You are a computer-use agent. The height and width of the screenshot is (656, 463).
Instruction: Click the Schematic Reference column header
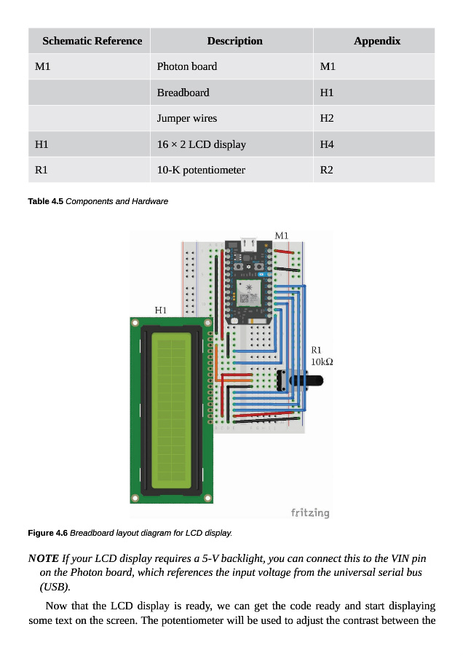92,41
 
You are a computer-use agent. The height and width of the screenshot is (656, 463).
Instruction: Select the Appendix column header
377,41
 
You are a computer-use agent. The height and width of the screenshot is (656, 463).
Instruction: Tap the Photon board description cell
187,66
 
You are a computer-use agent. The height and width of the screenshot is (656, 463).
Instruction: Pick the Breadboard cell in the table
183,93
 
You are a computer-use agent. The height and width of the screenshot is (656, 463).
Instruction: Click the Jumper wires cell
187,118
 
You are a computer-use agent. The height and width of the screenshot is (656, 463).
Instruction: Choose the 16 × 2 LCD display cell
202,144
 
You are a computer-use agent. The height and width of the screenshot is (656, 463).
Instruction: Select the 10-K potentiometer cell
201,171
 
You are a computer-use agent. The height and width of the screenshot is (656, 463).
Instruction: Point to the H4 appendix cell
327,144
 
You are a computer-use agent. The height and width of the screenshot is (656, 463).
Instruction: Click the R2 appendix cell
326,171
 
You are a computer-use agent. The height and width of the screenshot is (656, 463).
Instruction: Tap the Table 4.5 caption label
46,201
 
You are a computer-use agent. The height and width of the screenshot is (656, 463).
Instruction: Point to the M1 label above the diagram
282,236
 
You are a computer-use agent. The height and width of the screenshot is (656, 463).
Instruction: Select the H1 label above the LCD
160,311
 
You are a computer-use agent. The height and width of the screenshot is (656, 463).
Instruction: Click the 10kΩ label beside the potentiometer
322,362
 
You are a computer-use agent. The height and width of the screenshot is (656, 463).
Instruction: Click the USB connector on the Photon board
249,244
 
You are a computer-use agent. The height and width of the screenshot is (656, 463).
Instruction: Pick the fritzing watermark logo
310,512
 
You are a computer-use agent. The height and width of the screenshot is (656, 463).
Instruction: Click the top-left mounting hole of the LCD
135,323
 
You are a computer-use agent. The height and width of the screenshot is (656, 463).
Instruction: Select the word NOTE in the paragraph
44,558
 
